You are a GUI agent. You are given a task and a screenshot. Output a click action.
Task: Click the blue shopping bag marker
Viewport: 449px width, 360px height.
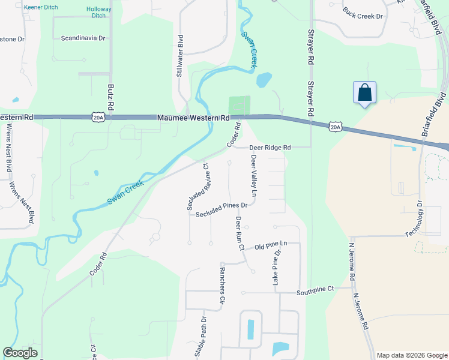click(x=364, y=93)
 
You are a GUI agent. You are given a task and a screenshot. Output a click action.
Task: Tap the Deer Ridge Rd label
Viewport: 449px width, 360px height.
click(x=270, y=148)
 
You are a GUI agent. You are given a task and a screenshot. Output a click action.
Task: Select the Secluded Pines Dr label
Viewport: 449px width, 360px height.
click(x=221, y=208)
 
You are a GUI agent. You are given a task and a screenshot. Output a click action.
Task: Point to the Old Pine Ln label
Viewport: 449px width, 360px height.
click(x=271, y=246)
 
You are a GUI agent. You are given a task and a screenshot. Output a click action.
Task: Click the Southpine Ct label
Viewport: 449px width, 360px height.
click(x=315, y=291)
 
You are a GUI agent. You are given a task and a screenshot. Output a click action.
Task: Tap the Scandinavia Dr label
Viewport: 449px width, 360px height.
click(x=83, y=38)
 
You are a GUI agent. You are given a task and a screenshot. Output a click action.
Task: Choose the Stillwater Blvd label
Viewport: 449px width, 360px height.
click(x=179, y=57)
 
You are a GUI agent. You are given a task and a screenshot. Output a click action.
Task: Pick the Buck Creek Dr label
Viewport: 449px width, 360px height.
click(x=363, y=13)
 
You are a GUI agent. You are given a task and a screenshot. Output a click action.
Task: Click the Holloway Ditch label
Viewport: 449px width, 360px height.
click(x=99, y=12)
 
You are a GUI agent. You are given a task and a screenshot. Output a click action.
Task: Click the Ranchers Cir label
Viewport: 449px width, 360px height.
click(x=222, y=291)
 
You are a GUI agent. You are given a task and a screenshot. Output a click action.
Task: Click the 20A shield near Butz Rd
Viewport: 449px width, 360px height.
click(x=98, y=118)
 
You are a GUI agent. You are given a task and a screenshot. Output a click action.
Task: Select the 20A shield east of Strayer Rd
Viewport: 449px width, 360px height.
click(x=336, y=127)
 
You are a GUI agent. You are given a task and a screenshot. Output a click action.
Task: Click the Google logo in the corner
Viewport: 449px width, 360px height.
click(x=20, y=353)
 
